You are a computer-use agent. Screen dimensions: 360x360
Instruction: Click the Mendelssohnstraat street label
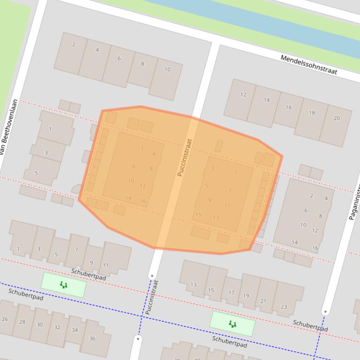coord(309,65)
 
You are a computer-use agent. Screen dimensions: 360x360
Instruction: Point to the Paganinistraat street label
coord(354,201)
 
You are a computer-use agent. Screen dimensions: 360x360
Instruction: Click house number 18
coord(312,113)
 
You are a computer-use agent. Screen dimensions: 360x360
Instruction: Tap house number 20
coord(337,118)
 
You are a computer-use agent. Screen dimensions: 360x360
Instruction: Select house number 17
coord(231,293)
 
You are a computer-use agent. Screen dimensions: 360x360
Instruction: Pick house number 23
coord(284,307)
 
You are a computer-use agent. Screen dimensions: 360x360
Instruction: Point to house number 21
coord(263,301)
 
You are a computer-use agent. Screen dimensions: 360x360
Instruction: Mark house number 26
coord(5,319)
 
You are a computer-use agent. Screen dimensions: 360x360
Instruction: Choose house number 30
coord(40,324)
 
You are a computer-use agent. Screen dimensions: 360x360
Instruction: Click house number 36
coord(92,338)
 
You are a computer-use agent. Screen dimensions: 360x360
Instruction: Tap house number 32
coord(57,327)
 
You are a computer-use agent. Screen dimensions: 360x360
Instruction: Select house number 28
coord(22,322)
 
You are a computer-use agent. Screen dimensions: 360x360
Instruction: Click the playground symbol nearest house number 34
coord(64,285)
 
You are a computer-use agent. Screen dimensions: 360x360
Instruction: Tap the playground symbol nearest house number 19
coord(232,324)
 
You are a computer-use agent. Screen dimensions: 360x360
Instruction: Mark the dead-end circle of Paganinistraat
coord(325,311)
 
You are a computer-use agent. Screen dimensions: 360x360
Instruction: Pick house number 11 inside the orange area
coord(227,205)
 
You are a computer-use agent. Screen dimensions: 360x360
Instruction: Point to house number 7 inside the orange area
coord(230,191)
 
